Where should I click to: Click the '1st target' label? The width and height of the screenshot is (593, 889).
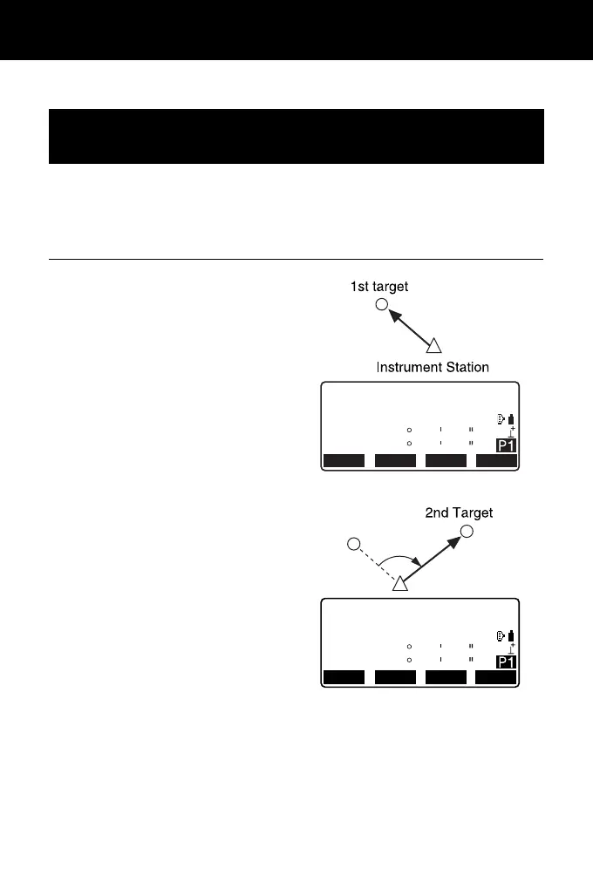click(380, 286)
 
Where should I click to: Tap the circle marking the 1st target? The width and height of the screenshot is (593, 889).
click(381, 305)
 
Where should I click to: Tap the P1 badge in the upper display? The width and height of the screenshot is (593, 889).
click(506, 446)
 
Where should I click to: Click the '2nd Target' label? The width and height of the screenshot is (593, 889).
click(459, 513)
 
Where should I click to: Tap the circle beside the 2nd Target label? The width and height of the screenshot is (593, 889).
click(467, 532)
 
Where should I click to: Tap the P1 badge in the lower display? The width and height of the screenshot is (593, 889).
click(506, 662)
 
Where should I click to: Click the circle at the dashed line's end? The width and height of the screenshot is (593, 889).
click(353, 545)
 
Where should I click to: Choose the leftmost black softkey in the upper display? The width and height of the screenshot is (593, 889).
click(344, 461)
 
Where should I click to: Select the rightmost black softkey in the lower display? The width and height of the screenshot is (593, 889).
click(496, 676)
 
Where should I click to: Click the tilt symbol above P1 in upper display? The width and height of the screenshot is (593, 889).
click(512, 431)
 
